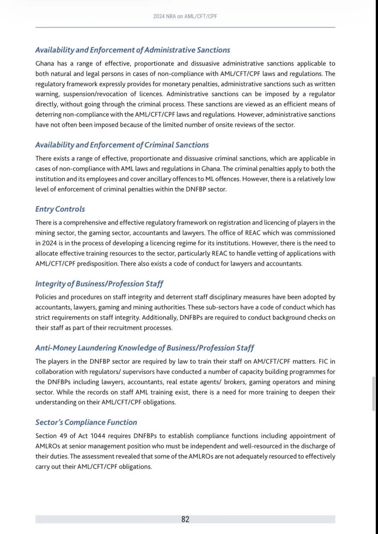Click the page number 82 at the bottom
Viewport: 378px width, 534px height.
tap(185, 519)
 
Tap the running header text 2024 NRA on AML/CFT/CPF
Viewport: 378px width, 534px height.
tap(185, 16)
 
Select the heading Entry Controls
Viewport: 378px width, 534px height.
tap(60, 209)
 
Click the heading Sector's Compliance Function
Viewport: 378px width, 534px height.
tap(86, 422)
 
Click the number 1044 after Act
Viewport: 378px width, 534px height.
tap(98, 436)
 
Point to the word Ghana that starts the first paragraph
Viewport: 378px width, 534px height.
tap(45, 64)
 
